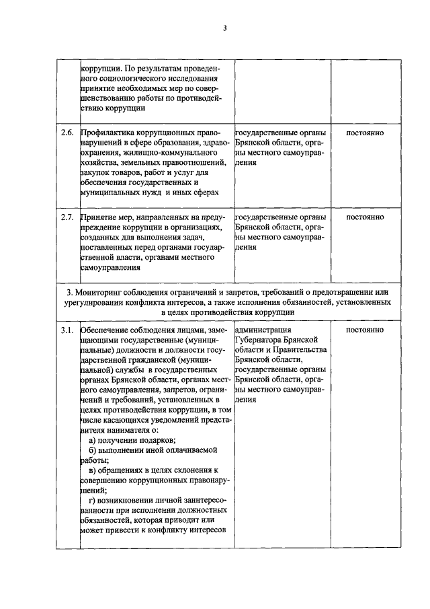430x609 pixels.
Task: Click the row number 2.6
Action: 67,133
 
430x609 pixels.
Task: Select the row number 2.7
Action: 67,217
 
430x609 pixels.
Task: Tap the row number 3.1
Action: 67,330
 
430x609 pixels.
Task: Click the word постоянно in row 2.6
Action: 365,133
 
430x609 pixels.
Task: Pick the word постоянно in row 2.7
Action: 365,217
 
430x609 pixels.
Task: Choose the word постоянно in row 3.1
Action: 365,330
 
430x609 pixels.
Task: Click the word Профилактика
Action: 107,133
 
